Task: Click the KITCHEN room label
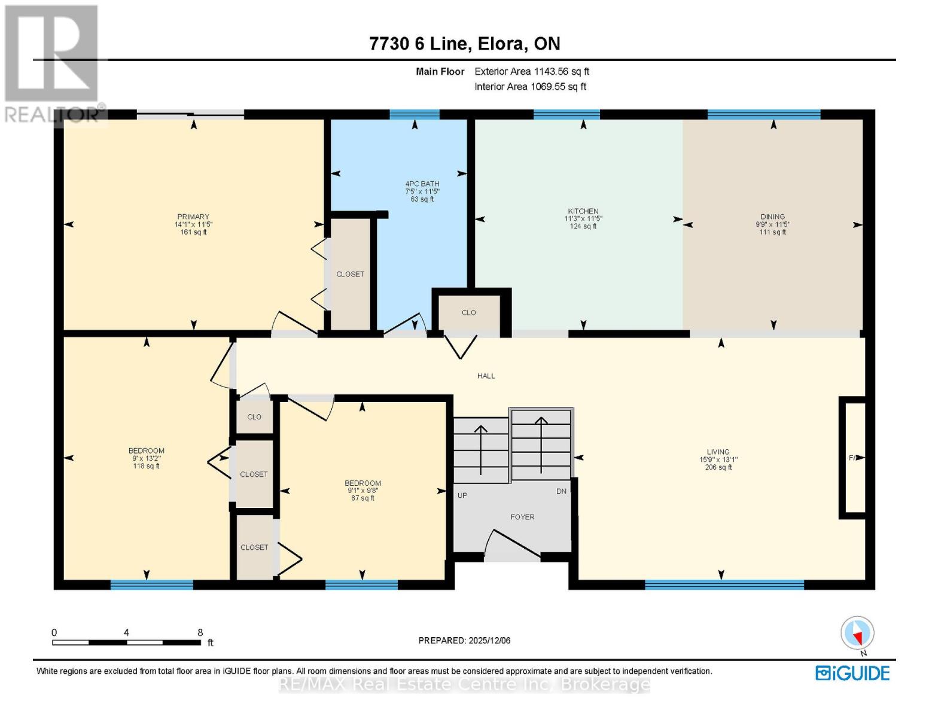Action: pos(583,211)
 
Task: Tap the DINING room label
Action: pos(772,217)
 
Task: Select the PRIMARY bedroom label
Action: pos(193,217)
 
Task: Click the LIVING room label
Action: pos(718,452)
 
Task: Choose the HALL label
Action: pos(486,376)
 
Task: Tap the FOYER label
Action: pos(522,517)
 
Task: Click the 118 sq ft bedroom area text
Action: pos(146,466)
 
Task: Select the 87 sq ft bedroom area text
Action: pos(363,498)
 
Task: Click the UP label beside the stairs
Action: pos(462,495)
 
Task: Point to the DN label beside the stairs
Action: pos(561,491)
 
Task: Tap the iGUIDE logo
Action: pos(852,673)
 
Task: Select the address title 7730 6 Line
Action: pos(465,44)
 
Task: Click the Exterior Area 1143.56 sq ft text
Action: pos(532,71)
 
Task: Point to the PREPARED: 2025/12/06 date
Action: pos(464,640)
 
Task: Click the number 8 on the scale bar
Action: pos(200,632)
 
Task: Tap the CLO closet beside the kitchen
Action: pos(468,312)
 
